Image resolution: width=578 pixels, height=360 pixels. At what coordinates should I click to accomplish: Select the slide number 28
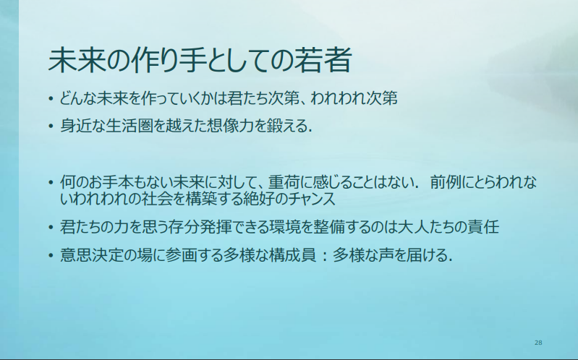point(538,343)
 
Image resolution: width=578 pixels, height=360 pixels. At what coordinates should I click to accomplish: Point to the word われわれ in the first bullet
point(335,98)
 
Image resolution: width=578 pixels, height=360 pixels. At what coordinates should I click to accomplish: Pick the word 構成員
point(293,255)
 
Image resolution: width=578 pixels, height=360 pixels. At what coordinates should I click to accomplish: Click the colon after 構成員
point(324,255)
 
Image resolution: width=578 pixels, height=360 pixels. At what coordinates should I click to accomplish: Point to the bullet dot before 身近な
point(51,127)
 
